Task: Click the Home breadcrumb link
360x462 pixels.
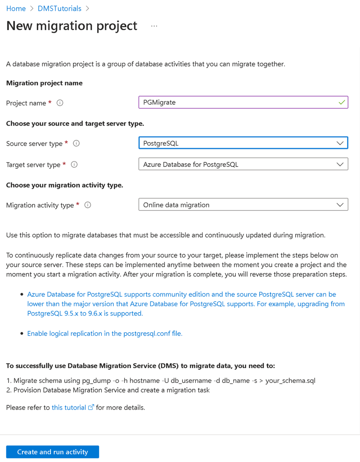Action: point(16,9)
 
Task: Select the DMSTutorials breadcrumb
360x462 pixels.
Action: point(59,9)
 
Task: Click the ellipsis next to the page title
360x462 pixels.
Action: point(154,26)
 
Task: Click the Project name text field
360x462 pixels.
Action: point(238,103)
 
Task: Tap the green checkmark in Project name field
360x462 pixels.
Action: point(342,103)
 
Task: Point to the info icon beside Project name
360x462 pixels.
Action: point(60,103)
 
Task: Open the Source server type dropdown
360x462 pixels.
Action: point(243,144)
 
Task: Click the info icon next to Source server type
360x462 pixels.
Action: point(76,144)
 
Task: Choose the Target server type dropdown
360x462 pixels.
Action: point(243,164)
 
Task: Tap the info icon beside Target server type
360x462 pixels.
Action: point(74,165)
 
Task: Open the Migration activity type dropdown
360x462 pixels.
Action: point(243,205)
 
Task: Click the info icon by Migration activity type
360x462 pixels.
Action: point(88,205)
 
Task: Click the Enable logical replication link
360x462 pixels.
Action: point(105,333)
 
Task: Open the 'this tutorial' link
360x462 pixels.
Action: point(69,408)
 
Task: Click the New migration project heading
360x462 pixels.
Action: point(72,26)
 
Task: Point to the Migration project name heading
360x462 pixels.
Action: point(44,83)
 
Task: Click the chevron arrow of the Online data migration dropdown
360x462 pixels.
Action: point(340,205)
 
